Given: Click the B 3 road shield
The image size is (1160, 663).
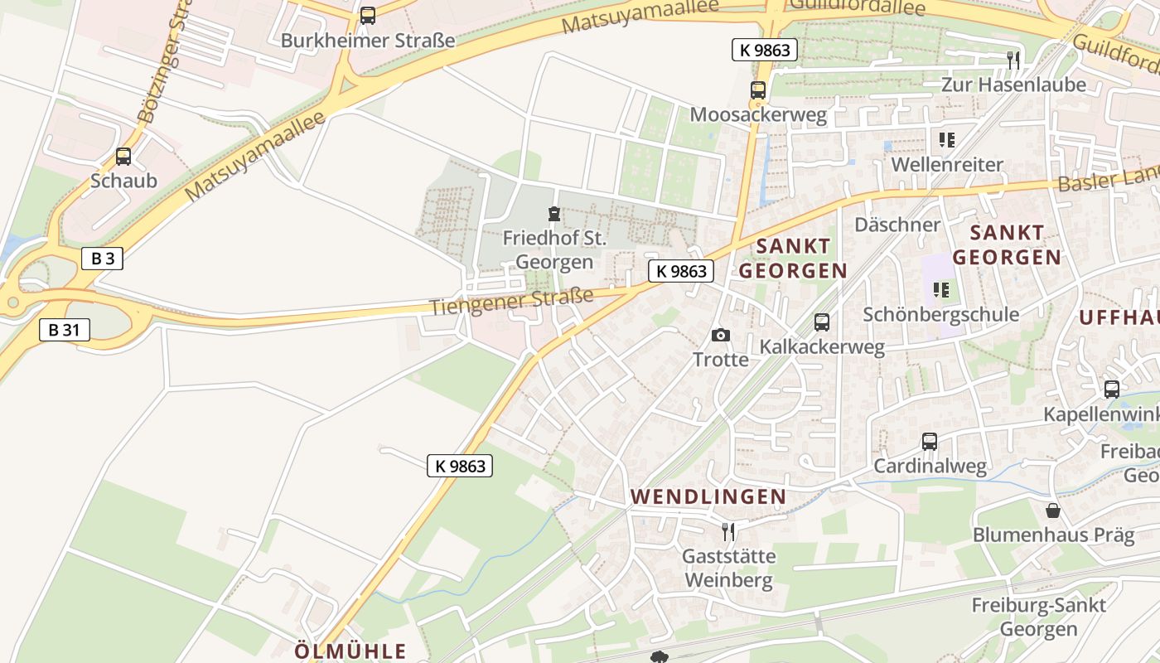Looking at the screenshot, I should point(103,259).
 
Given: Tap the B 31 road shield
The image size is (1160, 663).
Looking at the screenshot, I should point(64,330).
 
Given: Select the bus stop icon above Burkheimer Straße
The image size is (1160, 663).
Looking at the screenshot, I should point(368,16).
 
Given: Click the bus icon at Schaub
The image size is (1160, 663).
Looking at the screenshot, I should point(123,156).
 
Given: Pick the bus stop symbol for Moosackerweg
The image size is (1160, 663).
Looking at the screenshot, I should point(758,90).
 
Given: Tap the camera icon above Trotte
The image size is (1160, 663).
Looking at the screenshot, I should point(721,335).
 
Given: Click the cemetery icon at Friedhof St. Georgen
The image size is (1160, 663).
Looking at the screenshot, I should point(554,214).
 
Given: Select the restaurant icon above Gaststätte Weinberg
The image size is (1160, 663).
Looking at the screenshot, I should point(728,531).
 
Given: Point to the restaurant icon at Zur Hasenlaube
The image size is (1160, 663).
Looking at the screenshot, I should point(1013,60).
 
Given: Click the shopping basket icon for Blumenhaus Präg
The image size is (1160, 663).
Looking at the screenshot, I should point(1052,510).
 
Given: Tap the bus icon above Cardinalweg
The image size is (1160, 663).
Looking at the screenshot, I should point(930,442).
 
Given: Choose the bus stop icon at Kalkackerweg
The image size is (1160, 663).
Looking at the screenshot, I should point(822,322).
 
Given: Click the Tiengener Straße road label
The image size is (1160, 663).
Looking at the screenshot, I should point(511,301).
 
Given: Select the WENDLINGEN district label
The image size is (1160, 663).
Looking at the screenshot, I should point(708,496).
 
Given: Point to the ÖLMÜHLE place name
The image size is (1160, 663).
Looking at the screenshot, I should point(350,651).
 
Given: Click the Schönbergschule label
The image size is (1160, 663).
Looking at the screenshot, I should point(940,314).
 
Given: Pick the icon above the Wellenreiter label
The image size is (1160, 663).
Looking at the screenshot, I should point(946,140).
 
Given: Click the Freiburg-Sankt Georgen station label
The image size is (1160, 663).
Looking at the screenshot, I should point(1038,617).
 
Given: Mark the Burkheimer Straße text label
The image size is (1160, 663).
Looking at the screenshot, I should point(368,40).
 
